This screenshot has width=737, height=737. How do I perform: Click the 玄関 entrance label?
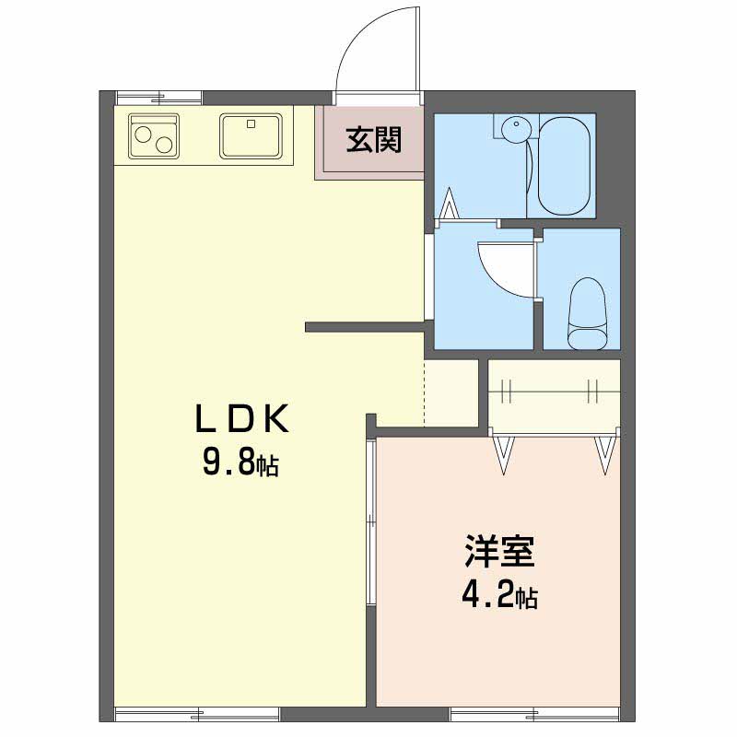[374, 140]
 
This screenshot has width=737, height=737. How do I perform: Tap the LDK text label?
[242, 419]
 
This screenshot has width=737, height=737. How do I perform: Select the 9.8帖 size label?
[240, 462]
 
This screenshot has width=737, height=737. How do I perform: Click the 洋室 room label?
[499, 551]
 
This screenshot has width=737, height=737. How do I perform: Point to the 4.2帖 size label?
[500, 595]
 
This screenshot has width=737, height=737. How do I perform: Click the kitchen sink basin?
[251, 135]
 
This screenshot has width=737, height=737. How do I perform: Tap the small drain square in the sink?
[251, 124]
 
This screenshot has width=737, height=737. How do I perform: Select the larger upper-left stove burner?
[143, 135]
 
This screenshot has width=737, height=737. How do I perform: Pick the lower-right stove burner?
[165, 145]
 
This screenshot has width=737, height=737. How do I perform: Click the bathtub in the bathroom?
[564, 166]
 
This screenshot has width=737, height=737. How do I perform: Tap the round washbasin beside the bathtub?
[516, 128]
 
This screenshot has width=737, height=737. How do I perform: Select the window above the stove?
[159, 98]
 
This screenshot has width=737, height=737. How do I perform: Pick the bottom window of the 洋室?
[535, 715]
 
